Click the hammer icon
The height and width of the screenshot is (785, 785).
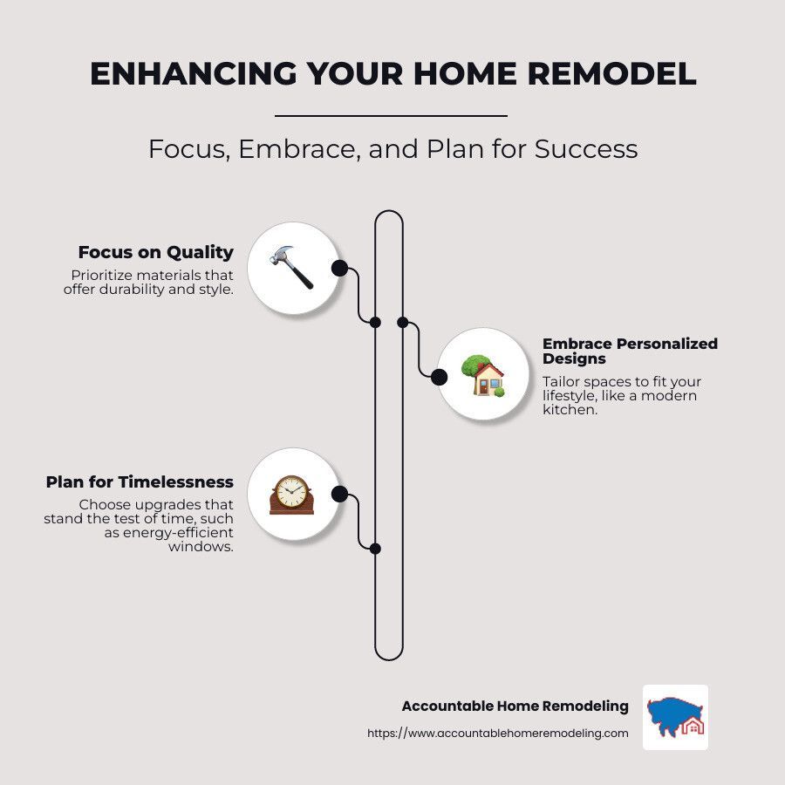click(291, 268)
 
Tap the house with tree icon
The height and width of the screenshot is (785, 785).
click(482, 375)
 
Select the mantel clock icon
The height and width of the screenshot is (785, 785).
click(291, 495)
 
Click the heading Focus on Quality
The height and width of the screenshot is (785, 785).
click(156, 252)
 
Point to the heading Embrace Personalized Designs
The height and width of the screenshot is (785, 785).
click(630, 351)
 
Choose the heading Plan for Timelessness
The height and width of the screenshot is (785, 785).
click(140, 481)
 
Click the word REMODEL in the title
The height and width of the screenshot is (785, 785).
click(611, 73)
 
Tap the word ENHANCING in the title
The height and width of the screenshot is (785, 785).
click(194, 73)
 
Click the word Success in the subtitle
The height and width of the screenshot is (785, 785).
click(586, 148)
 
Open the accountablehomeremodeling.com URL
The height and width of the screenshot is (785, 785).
click(498, 733)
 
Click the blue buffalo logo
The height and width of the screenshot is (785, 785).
click(675, 717)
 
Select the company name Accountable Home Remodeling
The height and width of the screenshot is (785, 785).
click(515, 706)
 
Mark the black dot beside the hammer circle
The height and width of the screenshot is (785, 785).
click(339, 269)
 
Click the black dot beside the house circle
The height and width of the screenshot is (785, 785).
click(439, 377)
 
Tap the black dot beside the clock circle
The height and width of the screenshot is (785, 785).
click(339, 495)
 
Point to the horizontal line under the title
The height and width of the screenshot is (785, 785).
click(391, 116)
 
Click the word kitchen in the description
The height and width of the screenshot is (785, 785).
click(570, 410)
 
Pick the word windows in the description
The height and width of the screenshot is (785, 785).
click(201, 546)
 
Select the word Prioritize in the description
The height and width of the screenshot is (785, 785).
click(102, 275)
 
